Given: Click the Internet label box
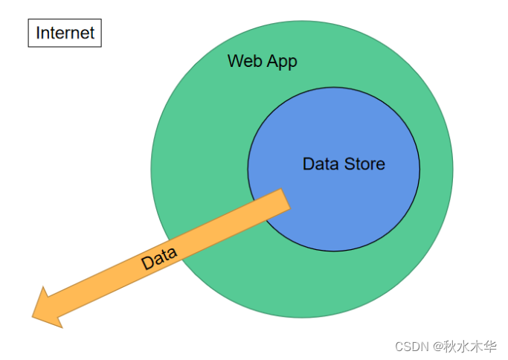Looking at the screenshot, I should pyautogui.click(x=65, y=33).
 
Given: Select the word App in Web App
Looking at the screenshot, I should pyautogui.click(x=281, y=62).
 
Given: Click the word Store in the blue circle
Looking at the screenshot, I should pyautogui.click(x=364, y=164).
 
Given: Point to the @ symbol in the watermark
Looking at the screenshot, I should pyautogui.click(x=438, y=346).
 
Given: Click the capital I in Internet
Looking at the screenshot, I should pyautogui.click(x=38, y=33).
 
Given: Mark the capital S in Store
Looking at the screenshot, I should pyautogui.click(x=350, y=164).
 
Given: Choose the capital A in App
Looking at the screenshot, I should pyautogui.click(x=272, y=61).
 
